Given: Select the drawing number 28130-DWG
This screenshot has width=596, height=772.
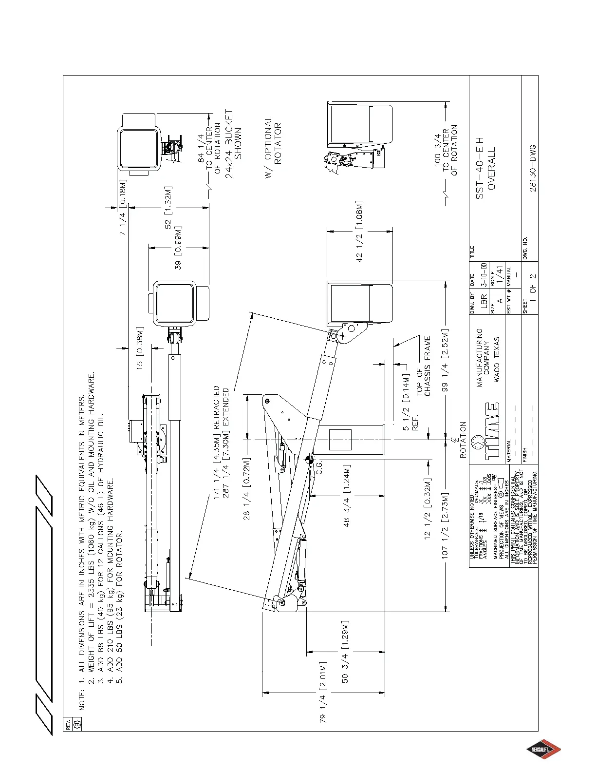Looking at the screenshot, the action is coord(533,168).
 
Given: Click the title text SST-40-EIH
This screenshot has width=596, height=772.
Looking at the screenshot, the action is coord(480,168).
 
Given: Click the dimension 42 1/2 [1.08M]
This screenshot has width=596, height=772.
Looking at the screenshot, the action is coord(359,231).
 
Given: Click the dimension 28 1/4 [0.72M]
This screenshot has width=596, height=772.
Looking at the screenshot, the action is coord(247,489).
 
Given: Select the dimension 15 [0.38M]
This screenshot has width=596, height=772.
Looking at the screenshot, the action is coord(140,347).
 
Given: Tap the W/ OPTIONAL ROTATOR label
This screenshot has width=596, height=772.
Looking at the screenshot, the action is coord(273,147).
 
